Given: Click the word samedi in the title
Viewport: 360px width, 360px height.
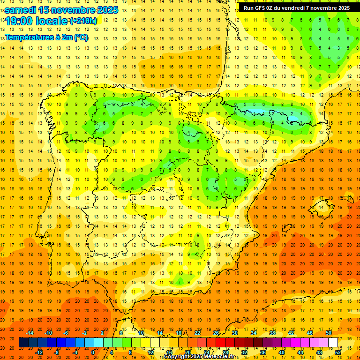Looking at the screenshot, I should tap(21, 10).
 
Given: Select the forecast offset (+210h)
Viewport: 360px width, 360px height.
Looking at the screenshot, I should tap(83, 21).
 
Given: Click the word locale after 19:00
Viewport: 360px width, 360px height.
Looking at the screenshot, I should tap(52, 21).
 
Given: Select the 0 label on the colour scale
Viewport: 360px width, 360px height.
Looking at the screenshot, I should tap(93, 352).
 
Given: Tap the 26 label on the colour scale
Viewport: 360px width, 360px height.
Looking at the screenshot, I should tap(216, 333).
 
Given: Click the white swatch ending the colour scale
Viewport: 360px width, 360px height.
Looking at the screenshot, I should tap(333, 343).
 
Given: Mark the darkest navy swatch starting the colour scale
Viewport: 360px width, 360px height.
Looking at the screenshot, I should tap(23, 343).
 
